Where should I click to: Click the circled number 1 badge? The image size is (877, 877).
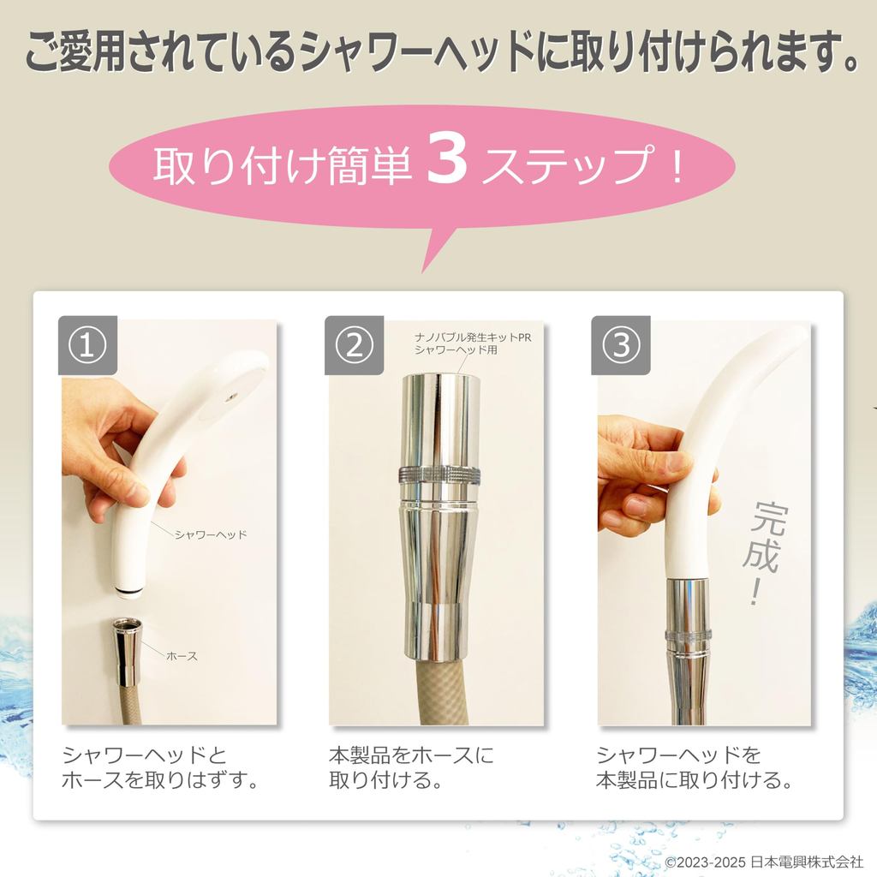pos(88,345)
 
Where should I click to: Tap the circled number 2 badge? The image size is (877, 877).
pos(354,345)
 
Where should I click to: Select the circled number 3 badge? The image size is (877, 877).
pos(621,345)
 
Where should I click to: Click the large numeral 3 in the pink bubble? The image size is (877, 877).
pos(446,160)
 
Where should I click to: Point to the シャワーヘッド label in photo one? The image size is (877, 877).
pos(211,534)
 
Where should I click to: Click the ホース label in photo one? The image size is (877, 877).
pos(182,656)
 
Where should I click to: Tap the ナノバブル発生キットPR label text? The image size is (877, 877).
pos(473,337)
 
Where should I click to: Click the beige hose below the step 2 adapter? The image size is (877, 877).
pos(439,692)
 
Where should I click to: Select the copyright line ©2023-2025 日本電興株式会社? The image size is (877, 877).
pos(764,862)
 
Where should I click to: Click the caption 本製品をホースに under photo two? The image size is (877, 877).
pos(412,755)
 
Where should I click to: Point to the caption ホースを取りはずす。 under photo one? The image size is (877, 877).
pos(160,779)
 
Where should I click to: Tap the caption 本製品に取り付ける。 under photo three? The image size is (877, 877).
pos(694,779)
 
